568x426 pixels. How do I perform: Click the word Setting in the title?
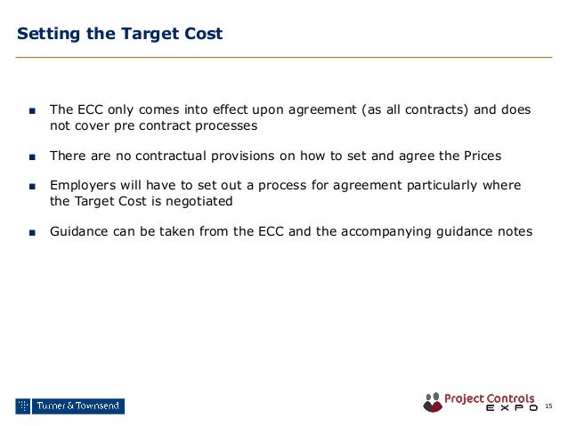pos(46,35)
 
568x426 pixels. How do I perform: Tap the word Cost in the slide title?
pos(202,35)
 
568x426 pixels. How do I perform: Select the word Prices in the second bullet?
pos(481,156)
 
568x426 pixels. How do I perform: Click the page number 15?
pos(548,406)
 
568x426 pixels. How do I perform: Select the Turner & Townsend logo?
pos(69,406)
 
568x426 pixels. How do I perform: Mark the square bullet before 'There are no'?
pos(31,157)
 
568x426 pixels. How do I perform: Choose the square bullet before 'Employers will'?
pos(31,187)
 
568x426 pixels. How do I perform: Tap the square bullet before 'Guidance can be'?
pos(31,232)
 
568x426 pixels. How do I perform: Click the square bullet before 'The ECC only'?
pos(31,111)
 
